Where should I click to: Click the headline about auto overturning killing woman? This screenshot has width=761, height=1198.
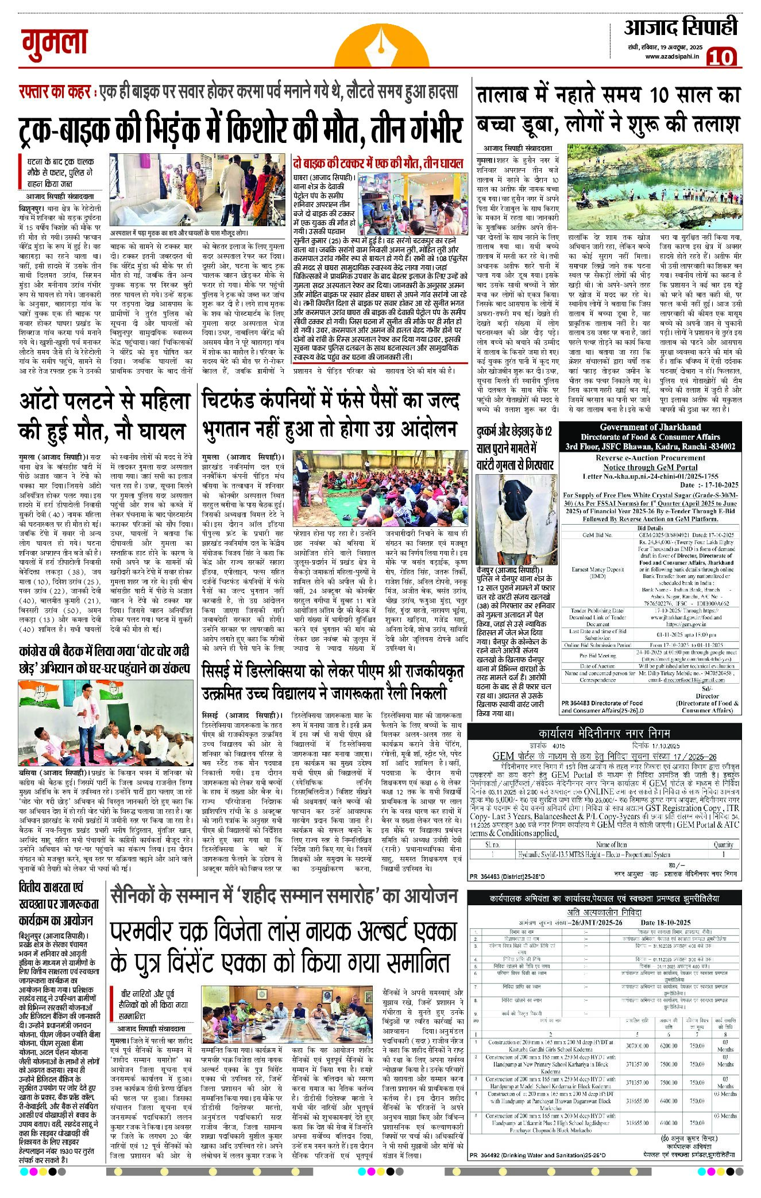click(x=103, y=416)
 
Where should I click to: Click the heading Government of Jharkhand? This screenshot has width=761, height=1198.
click(x=650, y=427)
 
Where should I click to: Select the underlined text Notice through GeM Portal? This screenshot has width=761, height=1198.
click(x=650, y=467)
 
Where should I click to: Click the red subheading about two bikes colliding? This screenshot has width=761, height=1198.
click(x=377, y=164)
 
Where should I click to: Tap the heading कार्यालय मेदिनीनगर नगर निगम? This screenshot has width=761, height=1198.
click(x=604, y=733)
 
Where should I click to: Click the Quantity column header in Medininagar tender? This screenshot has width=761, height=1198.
click(x=723, y=844)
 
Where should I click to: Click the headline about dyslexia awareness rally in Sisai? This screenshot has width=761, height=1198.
click(x=333, y=681)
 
